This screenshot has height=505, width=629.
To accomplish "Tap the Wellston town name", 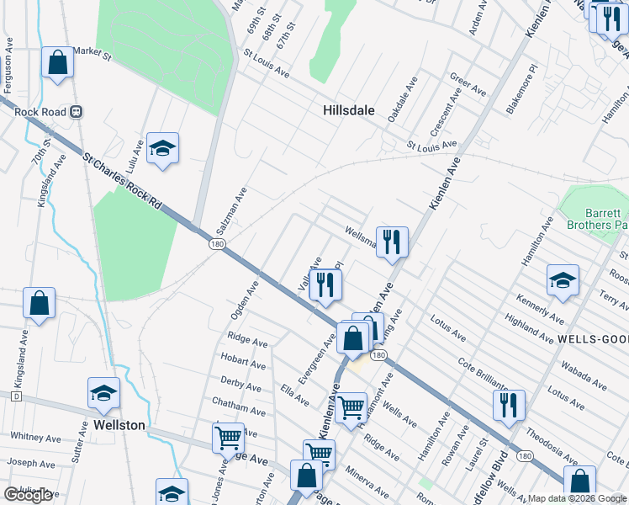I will pos(119,425).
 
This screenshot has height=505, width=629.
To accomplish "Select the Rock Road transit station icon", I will pos(76,110).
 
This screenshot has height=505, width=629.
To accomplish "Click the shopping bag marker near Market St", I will pos(56,61).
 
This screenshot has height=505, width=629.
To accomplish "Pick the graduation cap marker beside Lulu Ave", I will pos(162,148).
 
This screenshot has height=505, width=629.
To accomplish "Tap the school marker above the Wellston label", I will pos(103,392).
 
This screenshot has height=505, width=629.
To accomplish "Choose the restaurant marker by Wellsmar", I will pos(392,242).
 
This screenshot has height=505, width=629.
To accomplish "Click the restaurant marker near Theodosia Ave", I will pos(509,405).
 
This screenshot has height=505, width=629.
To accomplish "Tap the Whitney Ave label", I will pos(35,438).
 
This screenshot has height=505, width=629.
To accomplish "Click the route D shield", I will pos(15,396).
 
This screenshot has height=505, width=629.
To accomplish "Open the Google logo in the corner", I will pos(28,495).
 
